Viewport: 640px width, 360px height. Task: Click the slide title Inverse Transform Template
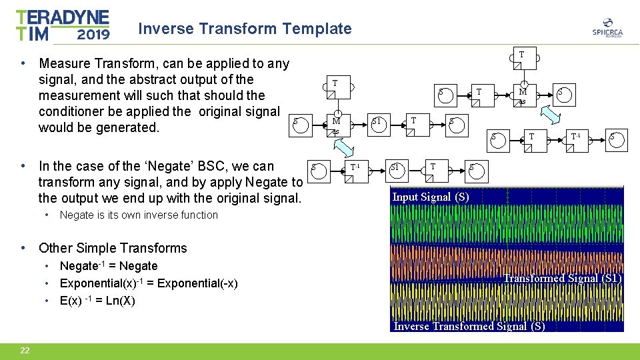click(x=244, y=29)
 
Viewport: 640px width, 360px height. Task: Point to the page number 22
click(x=25, y=351)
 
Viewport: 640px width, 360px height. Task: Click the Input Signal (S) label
click(x=430, y=197)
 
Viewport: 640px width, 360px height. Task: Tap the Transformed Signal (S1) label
click(x=562, y=278)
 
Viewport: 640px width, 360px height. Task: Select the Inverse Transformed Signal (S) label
click(x=469, y=326)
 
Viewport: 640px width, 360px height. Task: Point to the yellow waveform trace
click(x=507, y=304)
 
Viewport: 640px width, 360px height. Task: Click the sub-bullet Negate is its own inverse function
click(x=139, y=215)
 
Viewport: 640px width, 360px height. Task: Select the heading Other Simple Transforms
click(x=113, y=248)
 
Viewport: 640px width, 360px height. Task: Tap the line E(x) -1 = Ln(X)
click(x=97, y=301)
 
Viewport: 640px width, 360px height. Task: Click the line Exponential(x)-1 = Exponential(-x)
click(x=149, y=283)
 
